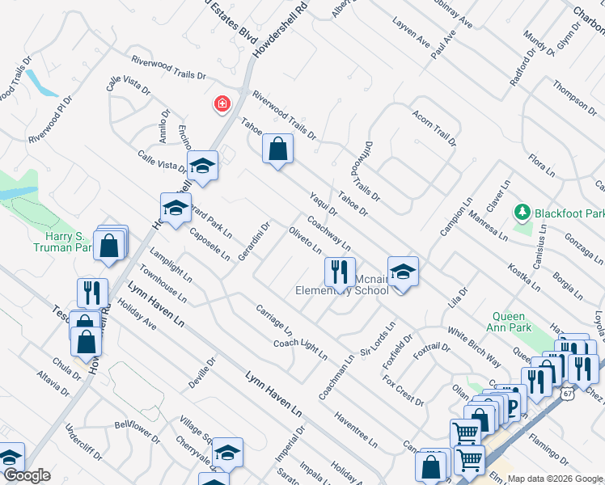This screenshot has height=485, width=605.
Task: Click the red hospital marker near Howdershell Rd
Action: pyautogui.click(x=220, y=103)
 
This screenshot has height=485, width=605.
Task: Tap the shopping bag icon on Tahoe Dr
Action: pyautogui.click(x=277, y=150)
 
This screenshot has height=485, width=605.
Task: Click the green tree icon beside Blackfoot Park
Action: pyautogui.click(x=522, y=213)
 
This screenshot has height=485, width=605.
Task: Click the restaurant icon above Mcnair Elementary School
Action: pyautogui.click(x=340, y=272)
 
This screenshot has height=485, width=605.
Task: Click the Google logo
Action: pyautogui.click(x=27, y=475)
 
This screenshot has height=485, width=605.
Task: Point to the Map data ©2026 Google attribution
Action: pyautogui.click(x=555, y=479)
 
